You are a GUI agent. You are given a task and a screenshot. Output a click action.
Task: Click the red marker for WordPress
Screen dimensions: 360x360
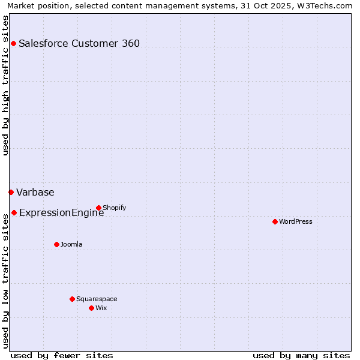point(275,221)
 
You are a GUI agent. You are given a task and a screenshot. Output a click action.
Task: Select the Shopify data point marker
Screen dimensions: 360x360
point(98,208)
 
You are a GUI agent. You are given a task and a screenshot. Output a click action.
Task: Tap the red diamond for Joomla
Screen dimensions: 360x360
point(56,244)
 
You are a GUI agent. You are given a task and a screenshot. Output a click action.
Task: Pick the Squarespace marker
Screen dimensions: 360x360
point(72,299)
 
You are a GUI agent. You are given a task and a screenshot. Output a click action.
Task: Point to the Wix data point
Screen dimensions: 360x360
point(91,308)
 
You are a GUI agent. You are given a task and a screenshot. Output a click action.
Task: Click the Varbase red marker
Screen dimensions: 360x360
point(11,192)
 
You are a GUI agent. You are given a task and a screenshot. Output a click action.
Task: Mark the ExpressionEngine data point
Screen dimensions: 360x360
point(14,212)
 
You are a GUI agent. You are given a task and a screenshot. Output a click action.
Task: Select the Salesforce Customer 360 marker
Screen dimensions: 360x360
point(13,43)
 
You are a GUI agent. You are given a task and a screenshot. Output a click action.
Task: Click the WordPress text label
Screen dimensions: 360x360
point(296,221)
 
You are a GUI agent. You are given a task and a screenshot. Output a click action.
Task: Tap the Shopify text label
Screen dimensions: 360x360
point(114,208)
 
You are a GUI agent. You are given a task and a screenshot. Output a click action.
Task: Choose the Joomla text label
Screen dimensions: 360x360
point(71,244)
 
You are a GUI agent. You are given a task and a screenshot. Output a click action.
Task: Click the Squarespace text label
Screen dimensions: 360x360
point(97,299)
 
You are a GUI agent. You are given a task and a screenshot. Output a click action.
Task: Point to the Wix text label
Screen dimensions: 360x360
point(101,308)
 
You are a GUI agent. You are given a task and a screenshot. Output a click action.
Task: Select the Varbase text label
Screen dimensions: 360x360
point(35,192)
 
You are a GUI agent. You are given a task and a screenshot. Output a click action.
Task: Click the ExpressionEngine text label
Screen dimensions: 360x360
point(62,212)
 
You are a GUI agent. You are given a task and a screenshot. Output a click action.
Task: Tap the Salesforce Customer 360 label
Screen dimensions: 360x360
point(79,43)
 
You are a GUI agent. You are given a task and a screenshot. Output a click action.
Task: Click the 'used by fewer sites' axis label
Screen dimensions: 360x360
point(62,355)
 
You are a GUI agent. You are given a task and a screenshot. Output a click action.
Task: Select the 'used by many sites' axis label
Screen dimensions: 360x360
point(301,355)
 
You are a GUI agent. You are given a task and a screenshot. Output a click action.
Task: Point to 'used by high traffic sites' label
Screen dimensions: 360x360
point(6,86)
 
